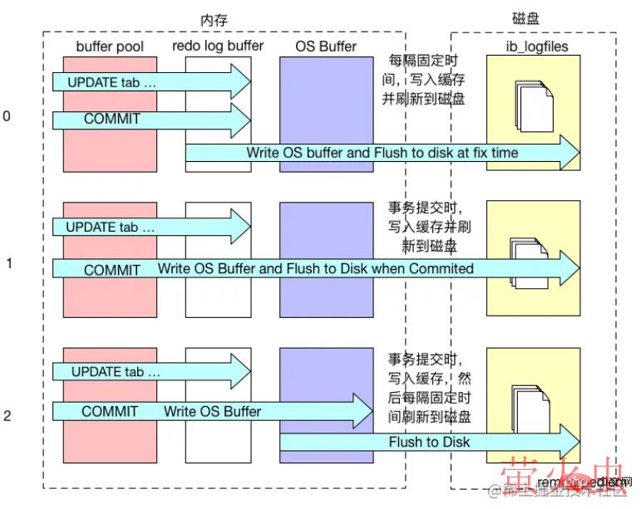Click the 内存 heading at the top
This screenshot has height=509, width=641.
pos(214,18)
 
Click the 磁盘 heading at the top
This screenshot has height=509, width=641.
pos(525,18)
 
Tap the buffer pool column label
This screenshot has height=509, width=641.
pos(110,46)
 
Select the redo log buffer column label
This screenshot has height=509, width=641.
pos(217,46)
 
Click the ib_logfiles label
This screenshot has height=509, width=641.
pos(537,46)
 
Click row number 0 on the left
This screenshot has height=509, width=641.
pos(7,116)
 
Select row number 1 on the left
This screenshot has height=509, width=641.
pos(8,263)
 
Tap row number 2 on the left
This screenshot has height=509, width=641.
pos(7,415)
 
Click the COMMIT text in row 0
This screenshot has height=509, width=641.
pos(112,119)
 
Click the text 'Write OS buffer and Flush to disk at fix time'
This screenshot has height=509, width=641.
pos(382,153)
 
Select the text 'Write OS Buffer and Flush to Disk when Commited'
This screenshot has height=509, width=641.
pos(316,268)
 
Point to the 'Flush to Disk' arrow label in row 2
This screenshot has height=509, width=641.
pos(429,442)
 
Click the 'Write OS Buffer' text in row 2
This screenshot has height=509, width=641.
pos(212,411)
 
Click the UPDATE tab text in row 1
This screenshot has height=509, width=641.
pos(110,226)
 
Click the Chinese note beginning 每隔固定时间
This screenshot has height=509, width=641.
pos(423,80)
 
